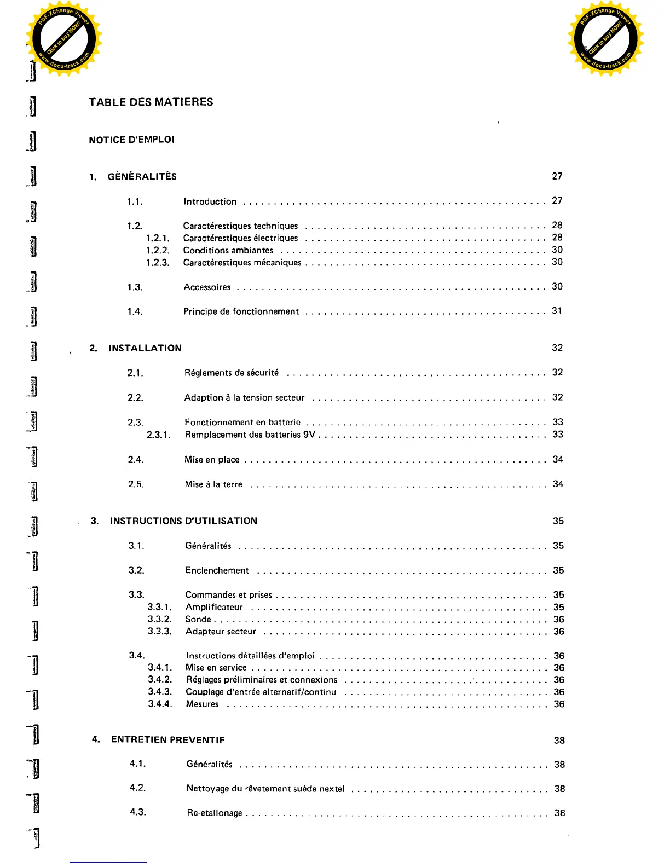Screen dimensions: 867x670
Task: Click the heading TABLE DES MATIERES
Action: (151, 102)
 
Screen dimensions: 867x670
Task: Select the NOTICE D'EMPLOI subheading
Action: (132, 140)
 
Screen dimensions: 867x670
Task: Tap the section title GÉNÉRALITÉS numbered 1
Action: (142, 176)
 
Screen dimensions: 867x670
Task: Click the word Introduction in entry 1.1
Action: (210, 201)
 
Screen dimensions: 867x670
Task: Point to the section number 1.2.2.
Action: (158, 250)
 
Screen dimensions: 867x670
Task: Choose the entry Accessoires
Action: (207, 287)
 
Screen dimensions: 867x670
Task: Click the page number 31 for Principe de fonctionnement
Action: (557, 311)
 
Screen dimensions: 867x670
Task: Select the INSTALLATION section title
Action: (145, 348)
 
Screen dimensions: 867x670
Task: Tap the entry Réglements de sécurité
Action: (232, 373)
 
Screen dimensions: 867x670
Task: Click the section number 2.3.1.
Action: (159, 435)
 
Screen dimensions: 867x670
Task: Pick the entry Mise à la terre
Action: (213, 484)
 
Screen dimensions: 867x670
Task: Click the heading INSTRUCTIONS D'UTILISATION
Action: (183, 521)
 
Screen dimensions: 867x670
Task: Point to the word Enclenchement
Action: (217, 570)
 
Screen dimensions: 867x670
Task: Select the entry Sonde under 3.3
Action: (198, 619)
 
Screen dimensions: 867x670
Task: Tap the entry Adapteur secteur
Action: (221, 632)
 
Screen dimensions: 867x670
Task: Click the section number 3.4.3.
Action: (160, 692)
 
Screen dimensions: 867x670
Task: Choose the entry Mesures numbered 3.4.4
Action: (202, 704)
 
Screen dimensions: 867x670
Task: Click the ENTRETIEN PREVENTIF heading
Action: (168, 740)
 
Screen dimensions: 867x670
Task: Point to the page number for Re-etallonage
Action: (559, 813)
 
